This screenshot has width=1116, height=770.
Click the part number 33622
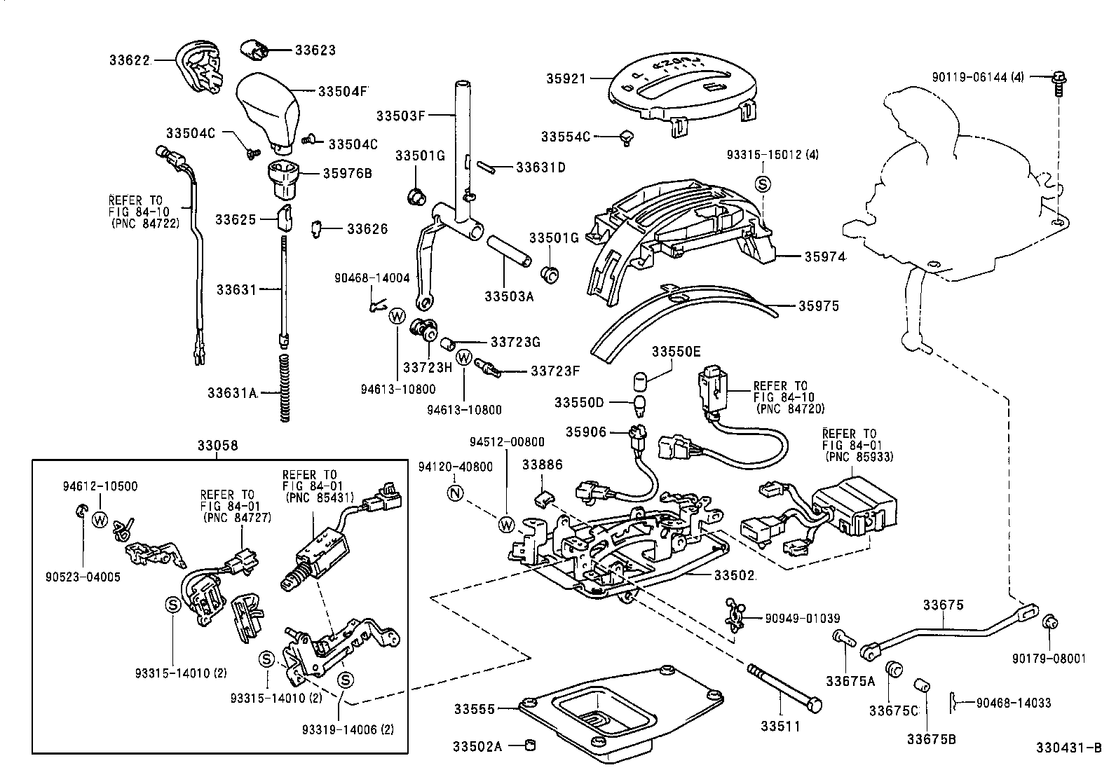[129, 60]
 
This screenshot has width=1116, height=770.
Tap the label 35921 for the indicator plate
[566, 79]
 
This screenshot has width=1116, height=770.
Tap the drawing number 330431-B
[1068, 747]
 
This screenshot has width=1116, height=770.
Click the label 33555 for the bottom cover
[474, 709]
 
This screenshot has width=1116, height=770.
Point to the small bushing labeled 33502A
[531, 745]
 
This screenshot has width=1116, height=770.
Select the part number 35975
[818, 306]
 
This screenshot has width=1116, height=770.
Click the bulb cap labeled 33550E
[639, 381]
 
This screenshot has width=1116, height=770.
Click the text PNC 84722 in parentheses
[145, 224]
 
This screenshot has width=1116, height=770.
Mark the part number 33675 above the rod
[943, 605]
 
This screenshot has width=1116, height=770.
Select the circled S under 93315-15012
[763, 184]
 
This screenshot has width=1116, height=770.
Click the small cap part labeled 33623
[255, 50]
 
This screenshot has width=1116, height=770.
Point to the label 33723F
[555, 370]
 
